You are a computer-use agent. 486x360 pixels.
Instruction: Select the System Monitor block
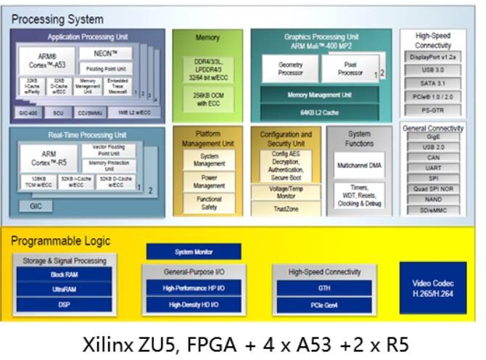click(x=194, y=251)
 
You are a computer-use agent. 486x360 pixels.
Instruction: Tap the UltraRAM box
click(x=65, y=290)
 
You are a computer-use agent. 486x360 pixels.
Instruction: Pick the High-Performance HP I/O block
click(x=194, y=288)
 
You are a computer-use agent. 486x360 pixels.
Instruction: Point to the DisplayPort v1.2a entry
click(x=433, y=57)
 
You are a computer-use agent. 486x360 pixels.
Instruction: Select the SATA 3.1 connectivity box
click(x=433, y=83)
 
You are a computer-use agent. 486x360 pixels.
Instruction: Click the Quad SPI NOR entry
click(x=433, y=188)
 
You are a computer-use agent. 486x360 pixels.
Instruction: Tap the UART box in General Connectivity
click(x=433, y=166)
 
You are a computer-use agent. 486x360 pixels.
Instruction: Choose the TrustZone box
click(x=285, y=209)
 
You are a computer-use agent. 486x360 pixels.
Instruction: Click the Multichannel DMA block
click(x=360, y=165)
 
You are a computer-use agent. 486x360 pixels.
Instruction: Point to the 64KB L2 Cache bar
click(x=319, y=112)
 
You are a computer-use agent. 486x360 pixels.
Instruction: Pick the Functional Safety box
click(x=209, y=203)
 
